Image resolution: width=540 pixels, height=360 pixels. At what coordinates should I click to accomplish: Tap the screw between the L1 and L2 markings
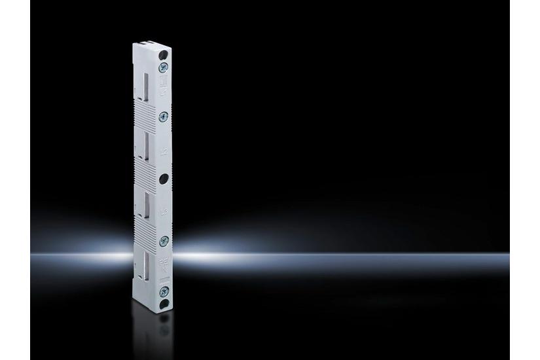[164, 116]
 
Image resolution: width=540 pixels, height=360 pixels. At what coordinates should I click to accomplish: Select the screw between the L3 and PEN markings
[164, 240]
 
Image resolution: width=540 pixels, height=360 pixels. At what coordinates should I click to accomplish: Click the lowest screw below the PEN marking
[164, 288]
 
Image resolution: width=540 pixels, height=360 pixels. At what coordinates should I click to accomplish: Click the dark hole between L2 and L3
[164, 178]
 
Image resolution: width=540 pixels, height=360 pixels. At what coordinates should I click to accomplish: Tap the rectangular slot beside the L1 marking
[149, 85]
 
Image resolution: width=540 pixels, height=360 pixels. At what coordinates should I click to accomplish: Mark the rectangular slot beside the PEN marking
[149, 265]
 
